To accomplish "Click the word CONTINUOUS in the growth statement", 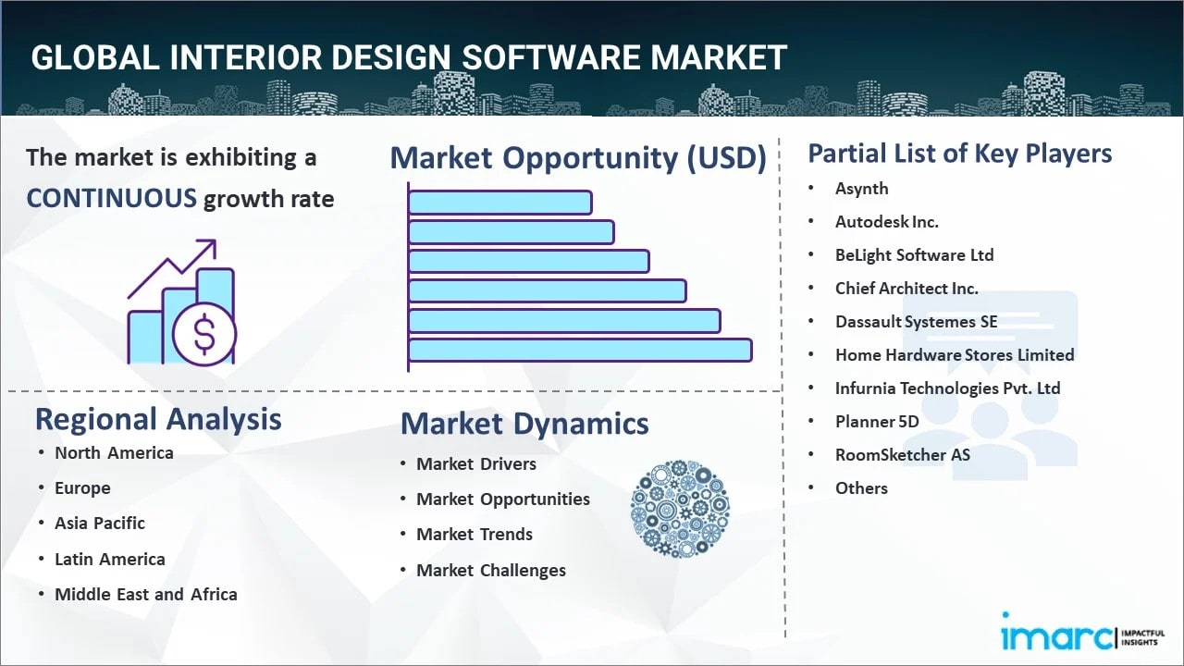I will tap(111, 198).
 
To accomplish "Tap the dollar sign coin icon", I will tap(204, 335).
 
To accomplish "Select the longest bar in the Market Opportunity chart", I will tap(580, 350).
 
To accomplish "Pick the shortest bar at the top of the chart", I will tap(499, 202).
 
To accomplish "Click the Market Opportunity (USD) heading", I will tap(578, 158).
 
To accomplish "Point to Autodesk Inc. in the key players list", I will tap(886, 222).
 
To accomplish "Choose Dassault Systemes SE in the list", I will tap(916, 322).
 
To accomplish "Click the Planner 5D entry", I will tap(877, 422).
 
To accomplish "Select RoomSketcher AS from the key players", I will tap(902, 455).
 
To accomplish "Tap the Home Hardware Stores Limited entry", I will tap(954, 355).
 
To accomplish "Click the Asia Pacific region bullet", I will tap(100, 524).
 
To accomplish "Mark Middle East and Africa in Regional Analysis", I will tap(145, 595).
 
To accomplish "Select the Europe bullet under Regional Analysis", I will tap(82, 488).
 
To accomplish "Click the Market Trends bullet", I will tap(474, 535).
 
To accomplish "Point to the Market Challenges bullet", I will tap(490, 571).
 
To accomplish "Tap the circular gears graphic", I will tap(680, 509).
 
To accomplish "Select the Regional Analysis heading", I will tap(158, 419).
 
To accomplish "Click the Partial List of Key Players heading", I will tap(959, 154).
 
